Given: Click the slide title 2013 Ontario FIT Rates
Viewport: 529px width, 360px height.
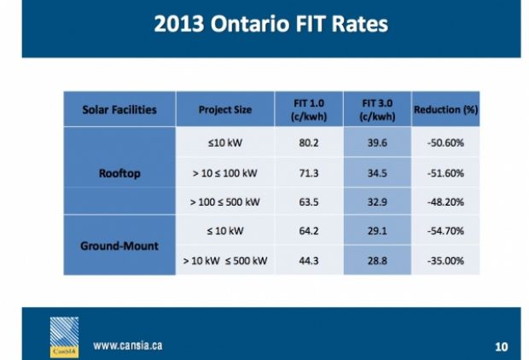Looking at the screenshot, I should pyautogui.click(x=270, y=23).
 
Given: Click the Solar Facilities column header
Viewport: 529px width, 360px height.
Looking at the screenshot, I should pyautogui.click(x=119, y=110).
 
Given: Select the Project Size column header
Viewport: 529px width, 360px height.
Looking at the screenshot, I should pyautogui.click(x=225, y=110).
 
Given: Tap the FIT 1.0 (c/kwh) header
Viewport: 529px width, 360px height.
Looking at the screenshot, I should pyautogui.click(x=309, y=110).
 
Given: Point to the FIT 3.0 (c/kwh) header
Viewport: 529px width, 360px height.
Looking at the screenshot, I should pyautogui.click(x=376, y=110).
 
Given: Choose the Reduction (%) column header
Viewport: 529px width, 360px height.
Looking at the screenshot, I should pyautogui.click(x=444, y=110).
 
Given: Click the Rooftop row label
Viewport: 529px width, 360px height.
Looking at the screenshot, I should pyautogui.click(x=119, y=173).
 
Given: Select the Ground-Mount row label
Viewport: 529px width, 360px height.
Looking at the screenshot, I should pyautogui.click(x=119, y=245).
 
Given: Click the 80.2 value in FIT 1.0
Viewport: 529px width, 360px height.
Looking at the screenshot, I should pyautogui.click(x=309, y=142).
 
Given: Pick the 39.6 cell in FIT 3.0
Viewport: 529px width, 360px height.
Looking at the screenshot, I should pyautogui.click(x=376, y=142).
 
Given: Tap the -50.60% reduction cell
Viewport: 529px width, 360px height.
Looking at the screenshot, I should pyautogui.click(x=444, y=142).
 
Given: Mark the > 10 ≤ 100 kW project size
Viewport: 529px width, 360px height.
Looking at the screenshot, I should pyautogui.click(x=225, y=173).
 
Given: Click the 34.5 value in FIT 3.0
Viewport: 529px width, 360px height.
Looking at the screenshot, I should pyautogui.click(x=376, y=173).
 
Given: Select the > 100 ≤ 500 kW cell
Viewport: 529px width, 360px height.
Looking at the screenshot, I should pyautogui.click(x=225, y=202).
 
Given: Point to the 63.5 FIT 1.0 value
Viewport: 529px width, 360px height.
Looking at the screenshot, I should pyautogui.click(x=309, y=202).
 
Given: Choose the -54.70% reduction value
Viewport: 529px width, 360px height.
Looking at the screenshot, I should pyautogui.click(x=444, y=231).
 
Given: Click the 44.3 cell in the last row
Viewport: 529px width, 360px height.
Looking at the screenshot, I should pyautogui.click(x=309, y=260).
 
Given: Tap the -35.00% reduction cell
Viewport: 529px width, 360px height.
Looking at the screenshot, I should pyautogui.click(x=444, y=260).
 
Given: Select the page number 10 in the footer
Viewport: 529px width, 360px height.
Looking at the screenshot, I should pyautogui.click(x=502, y=346).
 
